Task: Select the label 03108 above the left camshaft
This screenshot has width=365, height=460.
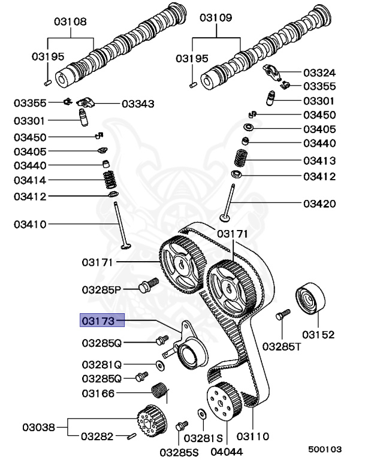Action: pyautogui.click(x=71, y=22)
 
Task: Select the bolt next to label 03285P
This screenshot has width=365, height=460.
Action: pyautogui.click(x=147, y=286)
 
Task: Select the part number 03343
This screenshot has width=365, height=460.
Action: pyautogui.click(x=138, y=104)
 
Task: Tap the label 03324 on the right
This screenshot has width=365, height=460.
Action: pyautogui.click(x=319, y=72)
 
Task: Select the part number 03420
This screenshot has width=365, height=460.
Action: pyautogui.click(x=319, y=204)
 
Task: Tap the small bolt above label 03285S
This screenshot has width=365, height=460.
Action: pyautogui.click(x=178, y=426)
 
